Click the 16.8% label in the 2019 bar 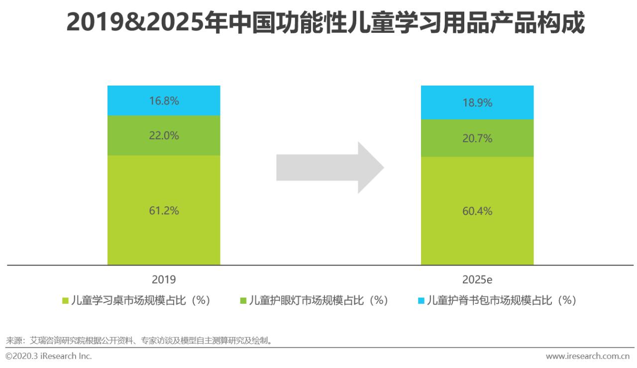click(164, 101)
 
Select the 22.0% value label click(164, 135)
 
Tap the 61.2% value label click(164, 210)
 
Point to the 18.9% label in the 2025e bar click(477, 103)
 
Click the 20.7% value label click(477, 138)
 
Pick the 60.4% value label click(477, 211)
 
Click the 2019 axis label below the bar click(164, 279)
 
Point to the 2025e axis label click(477, 279)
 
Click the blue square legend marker click(421, 301)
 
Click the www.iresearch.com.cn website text click(587, 356)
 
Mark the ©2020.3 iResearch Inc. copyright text click(49, 356)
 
